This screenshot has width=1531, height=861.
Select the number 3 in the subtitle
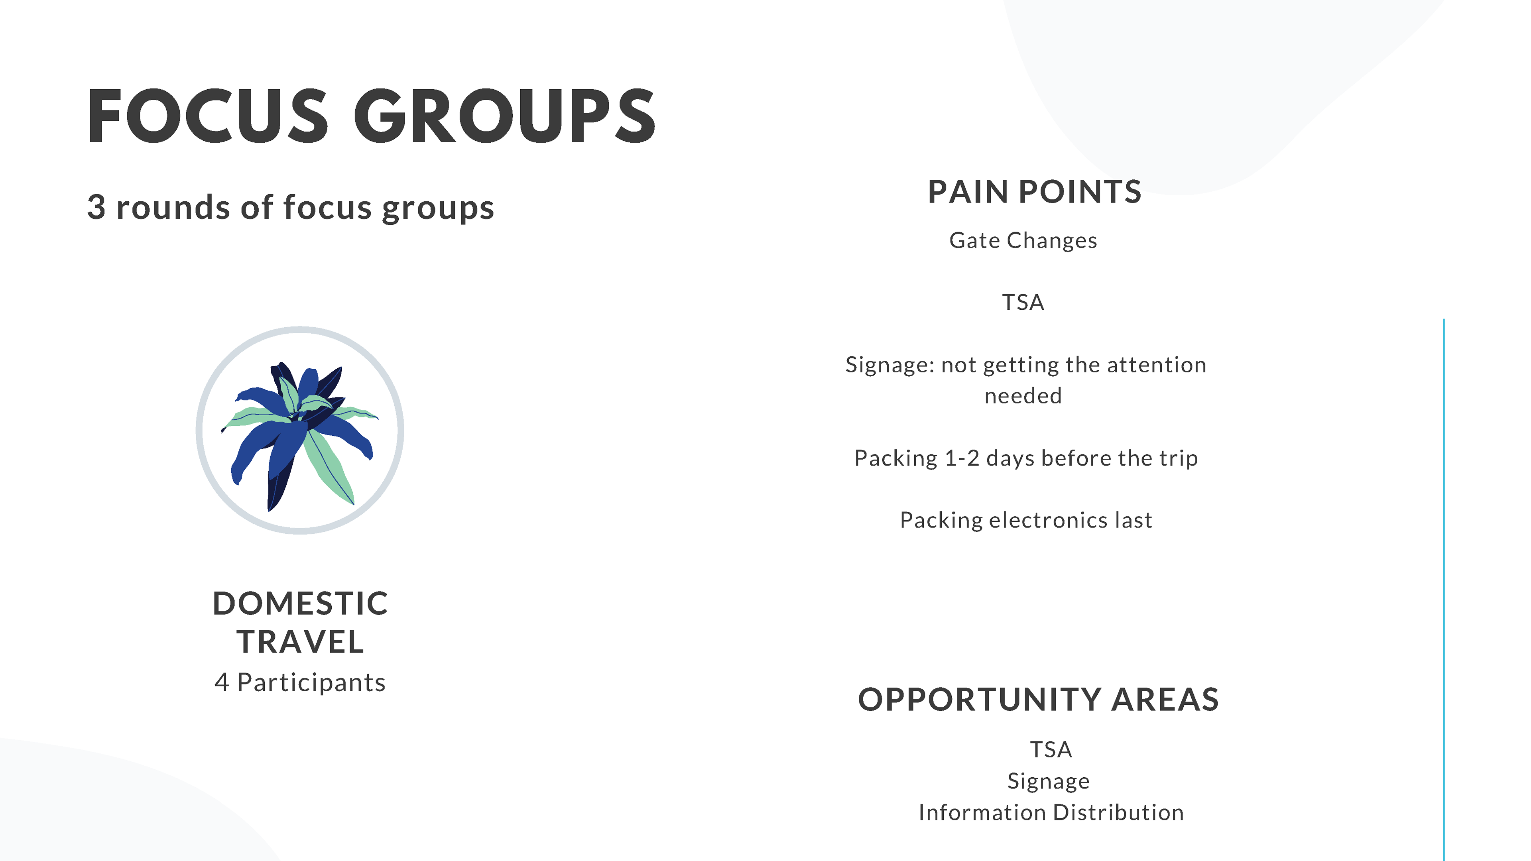(x=96, y=207)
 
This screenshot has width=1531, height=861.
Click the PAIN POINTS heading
(x=1034, y=192)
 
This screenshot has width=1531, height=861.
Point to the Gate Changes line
(x=1023, y=241)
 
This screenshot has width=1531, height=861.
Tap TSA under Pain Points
(x=1023, y=303)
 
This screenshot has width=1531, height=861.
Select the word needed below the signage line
(x=1023, y=396)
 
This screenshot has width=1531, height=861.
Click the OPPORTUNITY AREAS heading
(x=1038, y=700)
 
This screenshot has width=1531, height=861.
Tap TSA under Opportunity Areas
(x=1051, y=750)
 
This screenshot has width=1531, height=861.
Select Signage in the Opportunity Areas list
(x=1049, y=781)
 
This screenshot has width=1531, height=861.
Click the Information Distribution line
(x=1051, y=812)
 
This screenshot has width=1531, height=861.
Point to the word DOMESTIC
(x=300, y=604)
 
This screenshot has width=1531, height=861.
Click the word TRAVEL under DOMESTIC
(x=300, y=642)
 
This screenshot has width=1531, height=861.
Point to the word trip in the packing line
(x=1178, y=459)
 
